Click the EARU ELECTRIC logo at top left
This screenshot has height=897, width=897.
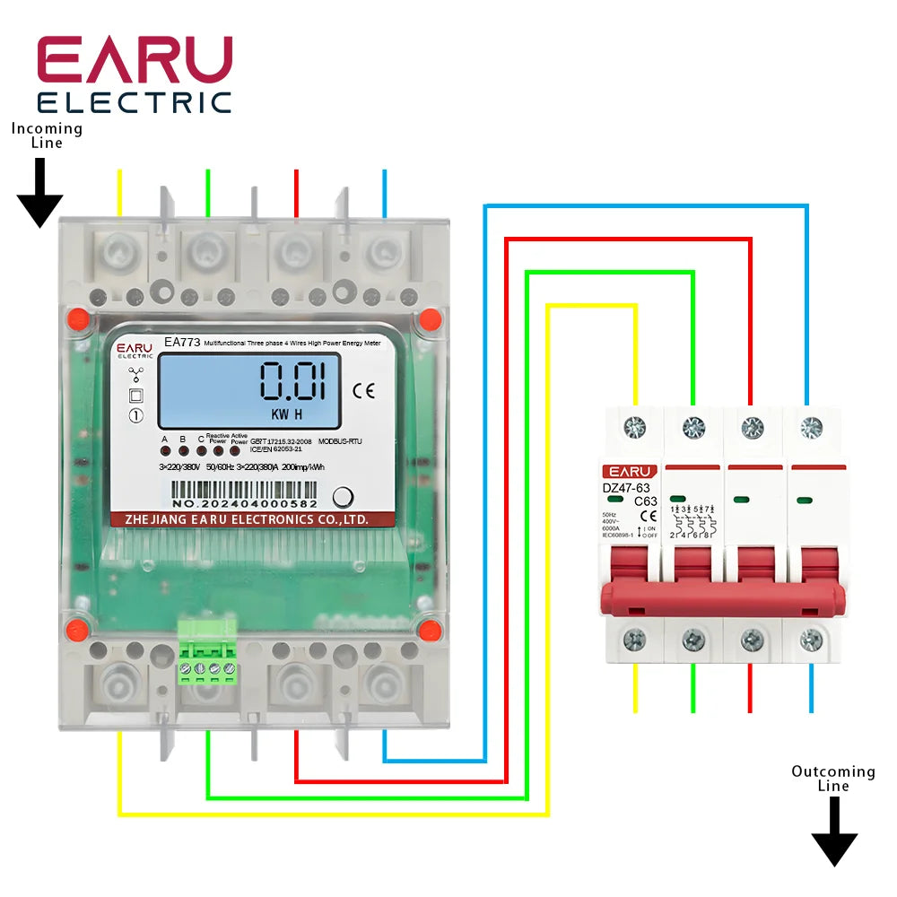[135, 75]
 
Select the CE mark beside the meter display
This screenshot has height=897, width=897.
[364, 389]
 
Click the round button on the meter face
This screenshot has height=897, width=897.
[343, 498]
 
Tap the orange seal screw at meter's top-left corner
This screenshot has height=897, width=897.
[77, 318]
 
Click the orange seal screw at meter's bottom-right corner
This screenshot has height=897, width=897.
[431, 629]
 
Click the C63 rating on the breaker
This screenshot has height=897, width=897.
[646, 501]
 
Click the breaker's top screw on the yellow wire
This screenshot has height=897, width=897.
[635, 427]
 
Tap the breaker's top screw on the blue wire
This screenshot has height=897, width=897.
[811, 427]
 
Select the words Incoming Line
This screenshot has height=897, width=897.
[47, 135]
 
